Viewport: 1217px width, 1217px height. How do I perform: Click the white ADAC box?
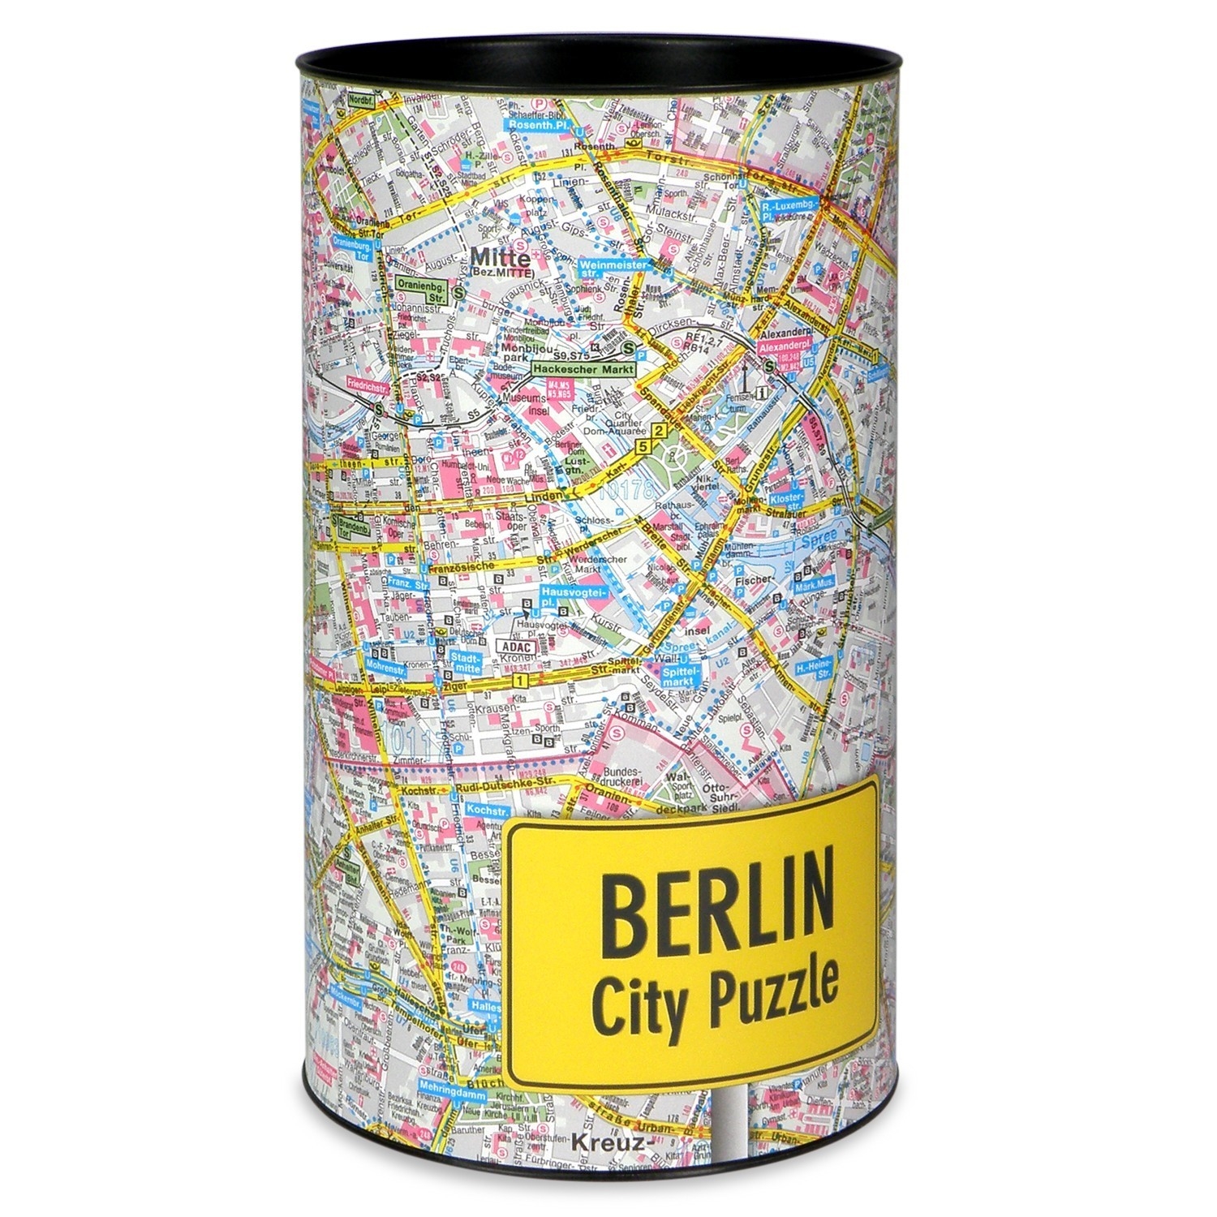point(511,647)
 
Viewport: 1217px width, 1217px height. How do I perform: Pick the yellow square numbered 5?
point(644,446)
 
